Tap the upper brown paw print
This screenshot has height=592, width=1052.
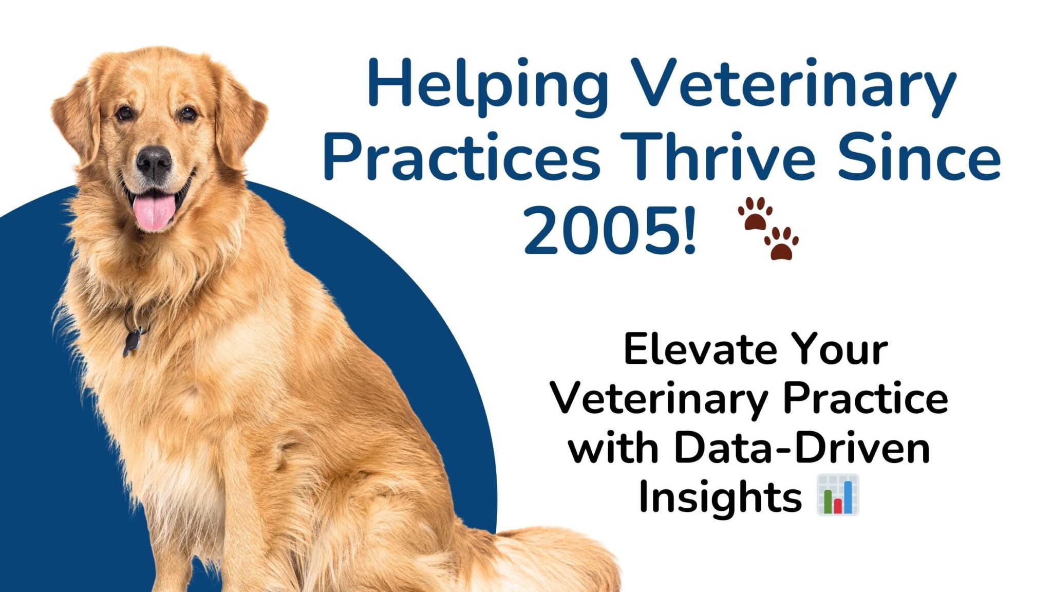point(755,213)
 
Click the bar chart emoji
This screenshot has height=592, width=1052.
point(838,495)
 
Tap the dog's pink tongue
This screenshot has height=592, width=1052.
point(154,211)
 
